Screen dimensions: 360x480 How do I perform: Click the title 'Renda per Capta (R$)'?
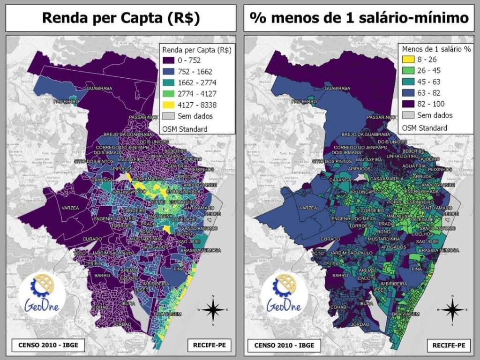point(121,18)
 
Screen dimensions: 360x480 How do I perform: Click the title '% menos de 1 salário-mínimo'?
point(359,18)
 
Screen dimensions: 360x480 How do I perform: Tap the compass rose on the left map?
point(213,310)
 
